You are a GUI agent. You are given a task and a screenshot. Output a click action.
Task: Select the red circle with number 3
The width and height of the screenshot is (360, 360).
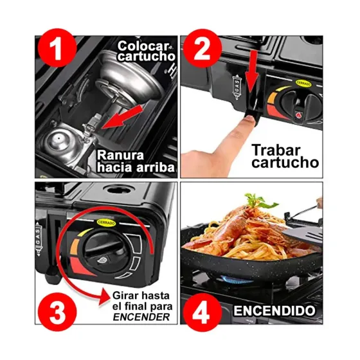(x=57, y=312)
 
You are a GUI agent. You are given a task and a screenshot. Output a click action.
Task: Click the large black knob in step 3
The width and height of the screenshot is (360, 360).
(x=100, y=251)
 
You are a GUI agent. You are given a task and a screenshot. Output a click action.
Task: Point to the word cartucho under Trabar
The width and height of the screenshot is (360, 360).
(x=285, y=163)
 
